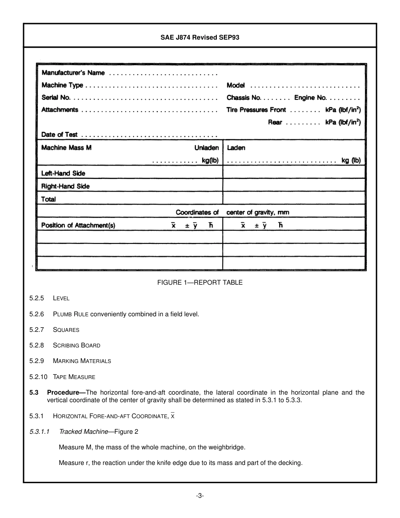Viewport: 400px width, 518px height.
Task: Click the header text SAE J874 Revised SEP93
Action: coord(200,37)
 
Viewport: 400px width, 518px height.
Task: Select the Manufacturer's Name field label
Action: coord(73,73)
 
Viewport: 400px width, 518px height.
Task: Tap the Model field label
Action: coord(235,85)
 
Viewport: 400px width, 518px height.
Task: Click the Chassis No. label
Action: coord(244,98)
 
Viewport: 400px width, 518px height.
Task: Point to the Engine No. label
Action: coord(310,98)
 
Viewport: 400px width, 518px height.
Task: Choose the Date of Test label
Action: coord(59,135)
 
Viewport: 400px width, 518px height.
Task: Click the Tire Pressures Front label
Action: coord(256,110)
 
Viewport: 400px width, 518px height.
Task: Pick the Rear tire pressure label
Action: coord(275,123)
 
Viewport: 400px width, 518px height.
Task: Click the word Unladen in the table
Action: coord(206,148)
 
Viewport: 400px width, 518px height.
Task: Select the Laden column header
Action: coord(236,148)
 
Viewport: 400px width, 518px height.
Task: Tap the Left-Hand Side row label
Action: coord(63,173)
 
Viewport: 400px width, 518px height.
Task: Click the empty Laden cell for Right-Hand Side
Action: coord(293,186)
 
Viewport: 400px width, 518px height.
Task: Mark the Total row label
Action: coord(48,199)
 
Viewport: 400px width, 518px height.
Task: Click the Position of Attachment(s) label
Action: coord(78,225)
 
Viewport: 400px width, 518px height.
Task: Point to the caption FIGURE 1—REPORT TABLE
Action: coord(200,283)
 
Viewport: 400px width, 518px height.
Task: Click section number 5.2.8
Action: coord(37,345)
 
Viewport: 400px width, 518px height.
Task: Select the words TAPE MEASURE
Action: coord(74,377)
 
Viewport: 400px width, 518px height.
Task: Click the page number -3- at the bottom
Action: coord(200,496)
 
